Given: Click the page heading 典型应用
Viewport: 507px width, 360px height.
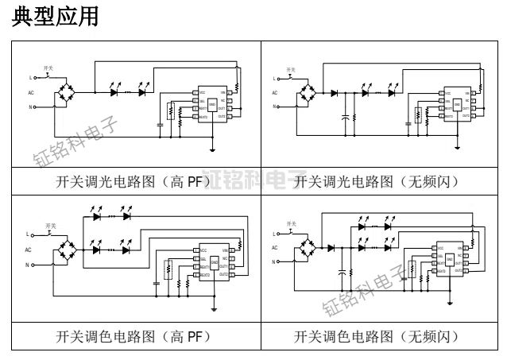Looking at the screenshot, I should pyautogui.click(x=56, y=17).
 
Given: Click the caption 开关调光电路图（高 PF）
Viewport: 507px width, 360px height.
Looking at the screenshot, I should pyautogui.click(x=132, y=181).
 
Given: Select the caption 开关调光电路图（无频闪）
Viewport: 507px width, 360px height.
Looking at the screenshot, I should pyautogui.click(x=377, y=181).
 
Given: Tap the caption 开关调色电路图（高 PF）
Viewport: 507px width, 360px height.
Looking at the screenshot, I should pyautogui.click(x=132, y=335).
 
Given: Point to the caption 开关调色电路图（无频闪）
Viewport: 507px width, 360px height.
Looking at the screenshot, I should pyautogui.click(x=377, y=335).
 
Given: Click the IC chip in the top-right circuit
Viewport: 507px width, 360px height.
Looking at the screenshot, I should pyautogui.click(x=457, y=104).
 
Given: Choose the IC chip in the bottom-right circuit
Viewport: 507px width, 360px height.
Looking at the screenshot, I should pyautogui.click(x=450, y=259).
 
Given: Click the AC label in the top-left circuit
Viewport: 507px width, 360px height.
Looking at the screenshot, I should pyautogui.click(x=31, y=93).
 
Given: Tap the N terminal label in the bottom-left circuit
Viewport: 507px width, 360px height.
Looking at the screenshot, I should pyautogui.click(x=31, y=265).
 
